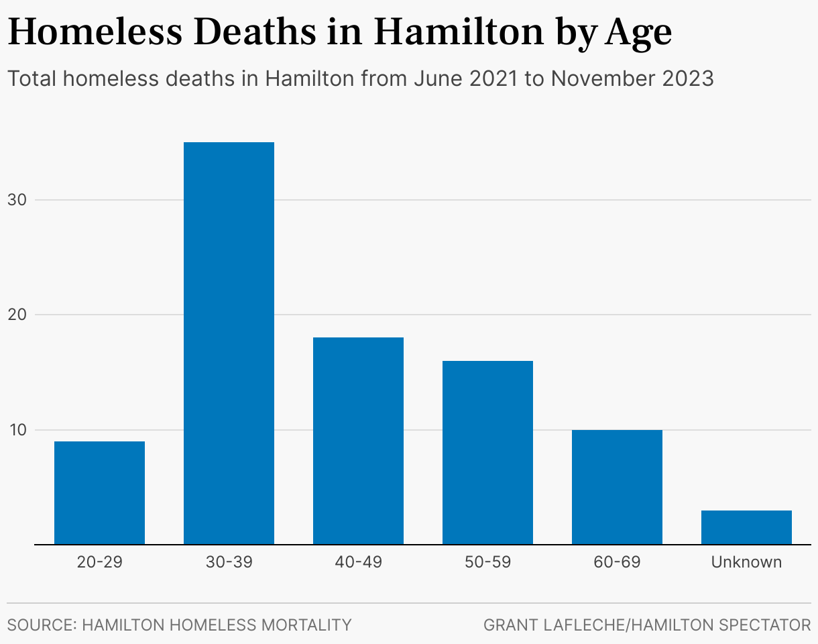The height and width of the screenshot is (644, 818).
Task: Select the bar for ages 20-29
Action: tap(99, 492)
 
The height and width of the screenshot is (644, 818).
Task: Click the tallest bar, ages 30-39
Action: tap(229, 343)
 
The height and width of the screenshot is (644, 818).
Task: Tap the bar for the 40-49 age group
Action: tap(358, 440)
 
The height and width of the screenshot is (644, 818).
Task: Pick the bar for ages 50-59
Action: tap(487, 452)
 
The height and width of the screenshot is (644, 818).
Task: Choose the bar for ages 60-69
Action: tap(617, 486)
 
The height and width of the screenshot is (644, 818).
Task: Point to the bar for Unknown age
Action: tap(746, 527)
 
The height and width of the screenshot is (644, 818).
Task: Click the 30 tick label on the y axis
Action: tap(21, 200)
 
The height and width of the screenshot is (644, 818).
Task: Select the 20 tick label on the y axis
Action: tap(21, 315)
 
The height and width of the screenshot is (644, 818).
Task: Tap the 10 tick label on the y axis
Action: tap(21, 430)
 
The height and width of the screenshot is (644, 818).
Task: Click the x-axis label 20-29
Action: tap(99, 562)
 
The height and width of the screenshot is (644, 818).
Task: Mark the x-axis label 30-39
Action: tap(229, 562)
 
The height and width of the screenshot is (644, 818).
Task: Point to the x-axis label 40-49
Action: tap(358, 562)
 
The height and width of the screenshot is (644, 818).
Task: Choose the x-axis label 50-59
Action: tap(487, 562)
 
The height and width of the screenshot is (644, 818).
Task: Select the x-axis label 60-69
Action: tap(617, 562)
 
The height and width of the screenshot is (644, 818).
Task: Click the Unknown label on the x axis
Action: tap(746, 562)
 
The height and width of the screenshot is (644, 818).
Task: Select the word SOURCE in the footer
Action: tap(41, 625)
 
